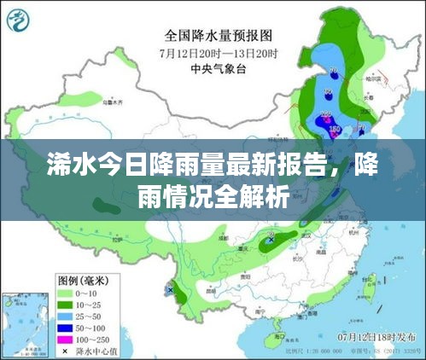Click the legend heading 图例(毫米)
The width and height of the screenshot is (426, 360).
coord(85,280)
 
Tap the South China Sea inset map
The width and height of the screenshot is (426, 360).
coord(24,322)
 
